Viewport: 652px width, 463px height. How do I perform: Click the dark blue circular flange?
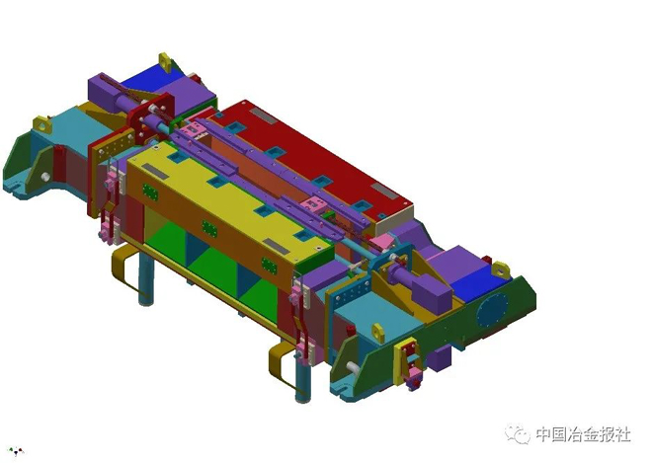tap(492, 310)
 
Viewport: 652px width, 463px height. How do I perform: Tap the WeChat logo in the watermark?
tap(518, 434)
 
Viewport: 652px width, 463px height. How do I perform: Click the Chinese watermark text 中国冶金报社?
tap(584, 434)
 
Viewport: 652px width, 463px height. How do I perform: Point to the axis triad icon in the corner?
tap(16, 450)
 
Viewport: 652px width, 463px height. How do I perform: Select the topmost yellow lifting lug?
tap(166, 62)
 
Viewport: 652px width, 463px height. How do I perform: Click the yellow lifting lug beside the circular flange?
tap(501, 270)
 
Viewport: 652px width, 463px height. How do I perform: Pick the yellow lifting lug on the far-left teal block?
tap(42, 124)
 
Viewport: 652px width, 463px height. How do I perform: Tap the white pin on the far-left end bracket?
tap(45, 177)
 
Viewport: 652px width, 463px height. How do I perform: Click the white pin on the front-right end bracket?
tap(353, 367)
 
